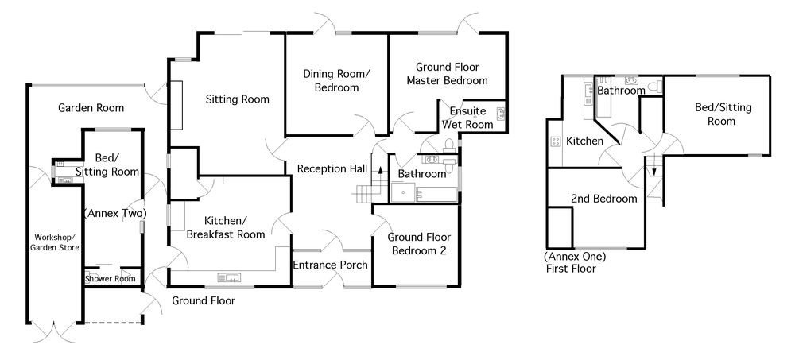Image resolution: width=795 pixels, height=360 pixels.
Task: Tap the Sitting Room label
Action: [x=237, y=99]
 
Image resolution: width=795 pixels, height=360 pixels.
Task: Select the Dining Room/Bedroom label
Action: [x=336, y=80]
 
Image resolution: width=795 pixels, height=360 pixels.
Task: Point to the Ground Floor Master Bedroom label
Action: [x=447, y=74]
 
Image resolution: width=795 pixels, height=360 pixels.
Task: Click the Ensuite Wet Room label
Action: [x=467, y=117]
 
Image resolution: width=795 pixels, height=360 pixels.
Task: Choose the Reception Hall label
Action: [x=332, y=168]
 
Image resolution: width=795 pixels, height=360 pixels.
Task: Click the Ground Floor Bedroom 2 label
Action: [x=417, y=243]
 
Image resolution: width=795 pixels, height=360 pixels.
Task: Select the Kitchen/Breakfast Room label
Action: [x=225, y=226]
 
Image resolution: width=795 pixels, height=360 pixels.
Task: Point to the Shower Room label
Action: [x=110, y=278]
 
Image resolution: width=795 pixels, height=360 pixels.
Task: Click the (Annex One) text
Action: [x=575, y=257]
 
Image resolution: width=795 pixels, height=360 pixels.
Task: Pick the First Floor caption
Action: [x=570, y=269]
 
